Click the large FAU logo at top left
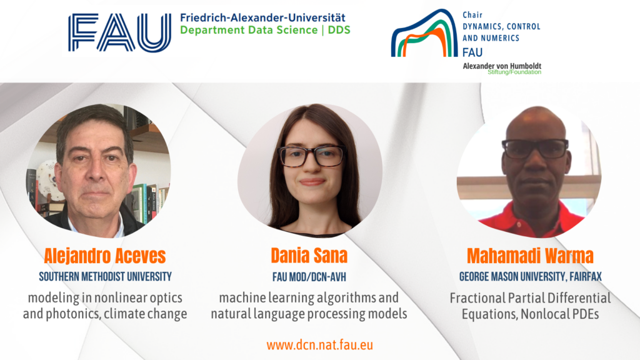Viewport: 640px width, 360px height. click(119, 32)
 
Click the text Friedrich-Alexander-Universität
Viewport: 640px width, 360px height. click(262, 17)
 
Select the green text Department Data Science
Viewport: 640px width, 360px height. click(249, 30)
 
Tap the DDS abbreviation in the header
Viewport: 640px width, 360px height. click(339, 30)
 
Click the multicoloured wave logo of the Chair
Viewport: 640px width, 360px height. click(424, 34)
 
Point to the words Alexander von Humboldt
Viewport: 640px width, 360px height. click(502, 66)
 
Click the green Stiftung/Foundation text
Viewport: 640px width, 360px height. click(514, 72)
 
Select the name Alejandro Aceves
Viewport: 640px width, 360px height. click(105, 256)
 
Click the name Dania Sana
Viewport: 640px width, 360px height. click(309, 256)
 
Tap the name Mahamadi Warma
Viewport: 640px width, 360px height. click(530, 256)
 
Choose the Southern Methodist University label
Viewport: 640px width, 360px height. click(105, 277)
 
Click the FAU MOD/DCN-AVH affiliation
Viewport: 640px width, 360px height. click(309, 277)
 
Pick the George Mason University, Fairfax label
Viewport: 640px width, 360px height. click(530, 277)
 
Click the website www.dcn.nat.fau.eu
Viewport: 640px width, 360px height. click(319, 345)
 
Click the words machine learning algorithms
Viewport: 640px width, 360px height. click(297, 298)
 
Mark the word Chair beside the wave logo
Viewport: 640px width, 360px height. click(472, 15)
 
